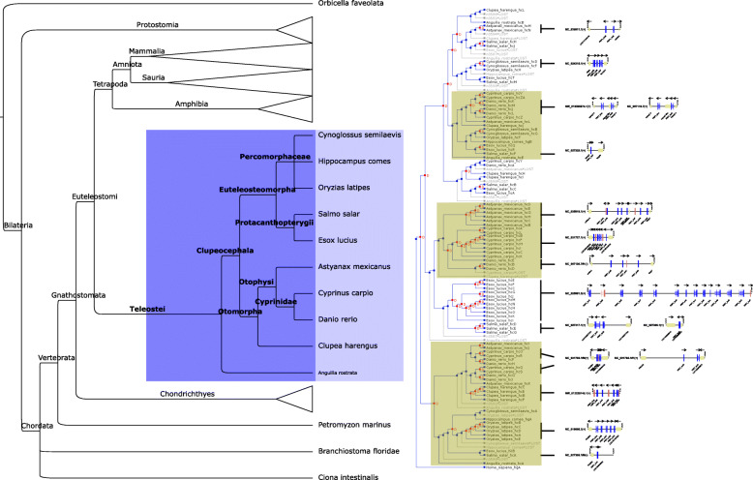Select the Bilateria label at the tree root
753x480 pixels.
pyautogui.click(x=18, y=253)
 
